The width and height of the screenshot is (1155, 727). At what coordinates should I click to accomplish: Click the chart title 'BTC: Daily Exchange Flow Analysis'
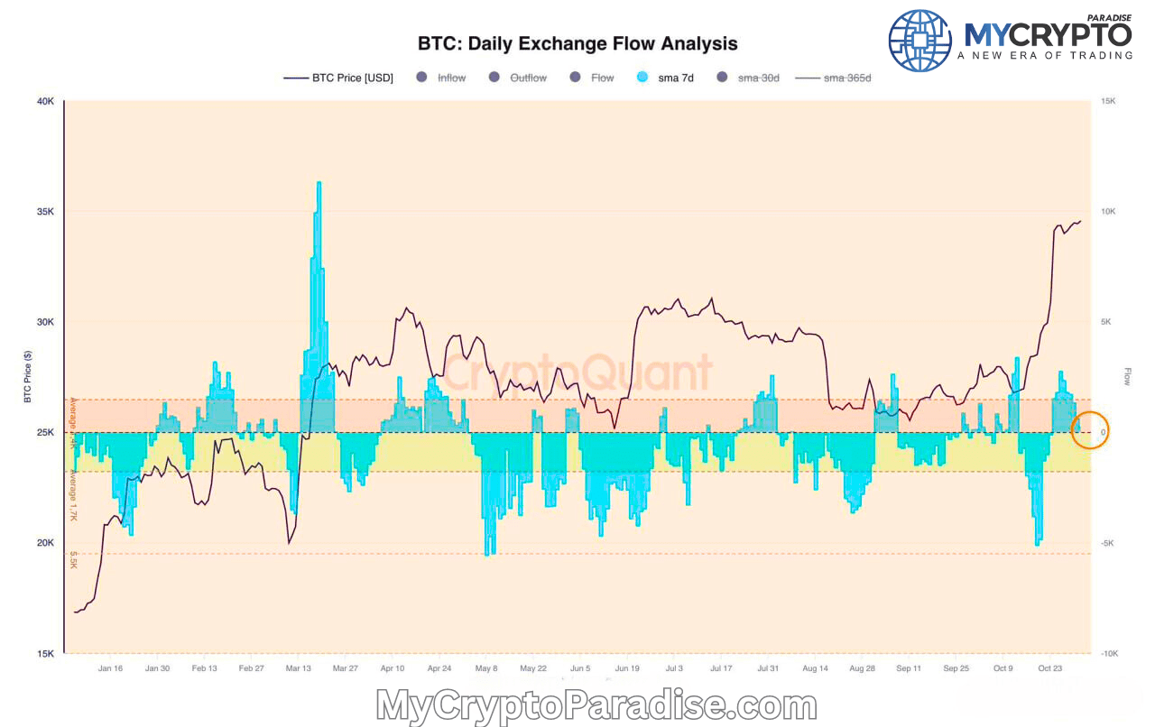[x=577, y=43]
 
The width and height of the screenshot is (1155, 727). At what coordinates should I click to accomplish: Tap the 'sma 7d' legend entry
[x=675, y=78]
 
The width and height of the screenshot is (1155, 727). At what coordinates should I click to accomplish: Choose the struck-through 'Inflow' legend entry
[x=451, y=78]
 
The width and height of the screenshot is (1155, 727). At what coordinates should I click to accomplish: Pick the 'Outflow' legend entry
[x=528, y=78]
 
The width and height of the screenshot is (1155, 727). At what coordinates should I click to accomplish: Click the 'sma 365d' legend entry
[x=847, y=78]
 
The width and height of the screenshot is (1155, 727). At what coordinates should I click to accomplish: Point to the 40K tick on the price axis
[x=45, y=102]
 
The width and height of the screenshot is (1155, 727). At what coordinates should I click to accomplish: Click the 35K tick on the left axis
[x=45, y=212]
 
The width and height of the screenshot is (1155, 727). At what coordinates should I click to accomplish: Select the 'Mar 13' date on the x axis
[x=299, y=668]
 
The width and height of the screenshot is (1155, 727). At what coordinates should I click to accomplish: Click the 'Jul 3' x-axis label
[x=674, y=668]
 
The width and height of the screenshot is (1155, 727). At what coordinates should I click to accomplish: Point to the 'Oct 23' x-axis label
[x=1049, y=668]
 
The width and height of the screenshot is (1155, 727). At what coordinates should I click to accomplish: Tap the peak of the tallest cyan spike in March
[x=319, y=183]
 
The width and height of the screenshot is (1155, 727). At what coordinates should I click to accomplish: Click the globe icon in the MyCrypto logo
[x=919, y=41]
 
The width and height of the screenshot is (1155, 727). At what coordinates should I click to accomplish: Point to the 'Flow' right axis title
[x=1127, y=377]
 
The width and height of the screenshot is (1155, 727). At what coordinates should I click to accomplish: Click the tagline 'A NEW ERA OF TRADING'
[x=1045, y=56]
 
